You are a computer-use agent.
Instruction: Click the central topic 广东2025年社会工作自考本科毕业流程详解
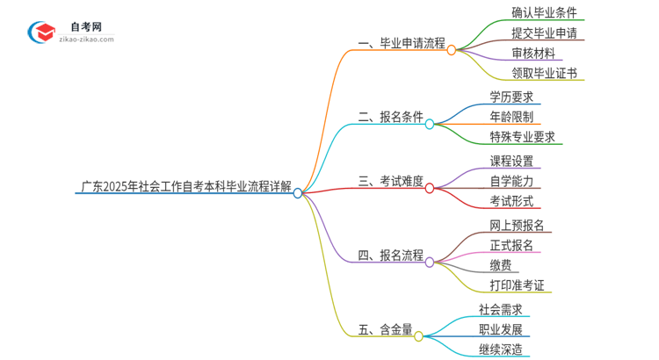click(x=185, y=187)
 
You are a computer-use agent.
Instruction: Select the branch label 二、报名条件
click(x=389, y=116)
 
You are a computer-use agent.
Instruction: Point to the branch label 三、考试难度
click(x=389, y=182)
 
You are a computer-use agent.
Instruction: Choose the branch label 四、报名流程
click(x=389, y=256)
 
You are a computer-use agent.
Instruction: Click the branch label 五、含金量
click(x=384, y=330)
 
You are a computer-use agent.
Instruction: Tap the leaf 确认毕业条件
click(x=544, y=13)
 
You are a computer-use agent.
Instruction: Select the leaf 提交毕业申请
click(x=544, y=33)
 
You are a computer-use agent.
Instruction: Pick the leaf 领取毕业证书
click(x=544, y=74)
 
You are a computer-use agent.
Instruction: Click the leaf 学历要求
click(x=511, y=97)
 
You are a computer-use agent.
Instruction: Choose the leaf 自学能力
click(x=511, y=182)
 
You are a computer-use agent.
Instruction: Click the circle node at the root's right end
click(x=298, y=193)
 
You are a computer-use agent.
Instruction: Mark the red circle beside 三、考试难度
click(x=430, y=187)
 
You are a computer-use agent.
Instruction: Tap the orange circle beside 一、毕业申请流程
click(x=451, y=50)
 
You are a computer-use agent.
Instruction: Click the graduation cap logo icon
click(x=40, y=32)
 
